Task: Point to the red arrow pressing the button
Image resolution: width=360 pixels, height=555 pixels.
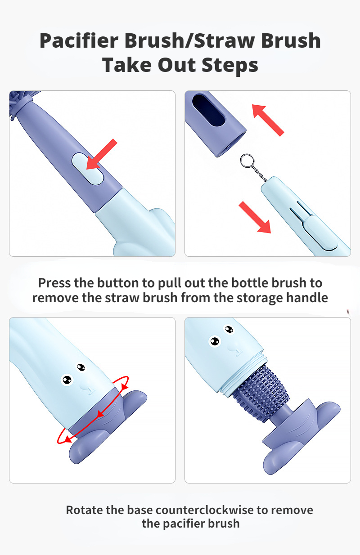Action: (102, 155)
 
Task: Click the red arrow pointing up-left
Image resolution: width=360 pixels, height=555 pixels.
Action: (268, 119)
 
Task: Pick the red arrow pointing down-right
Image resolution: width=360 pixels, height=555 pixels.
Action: (255, 217)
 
